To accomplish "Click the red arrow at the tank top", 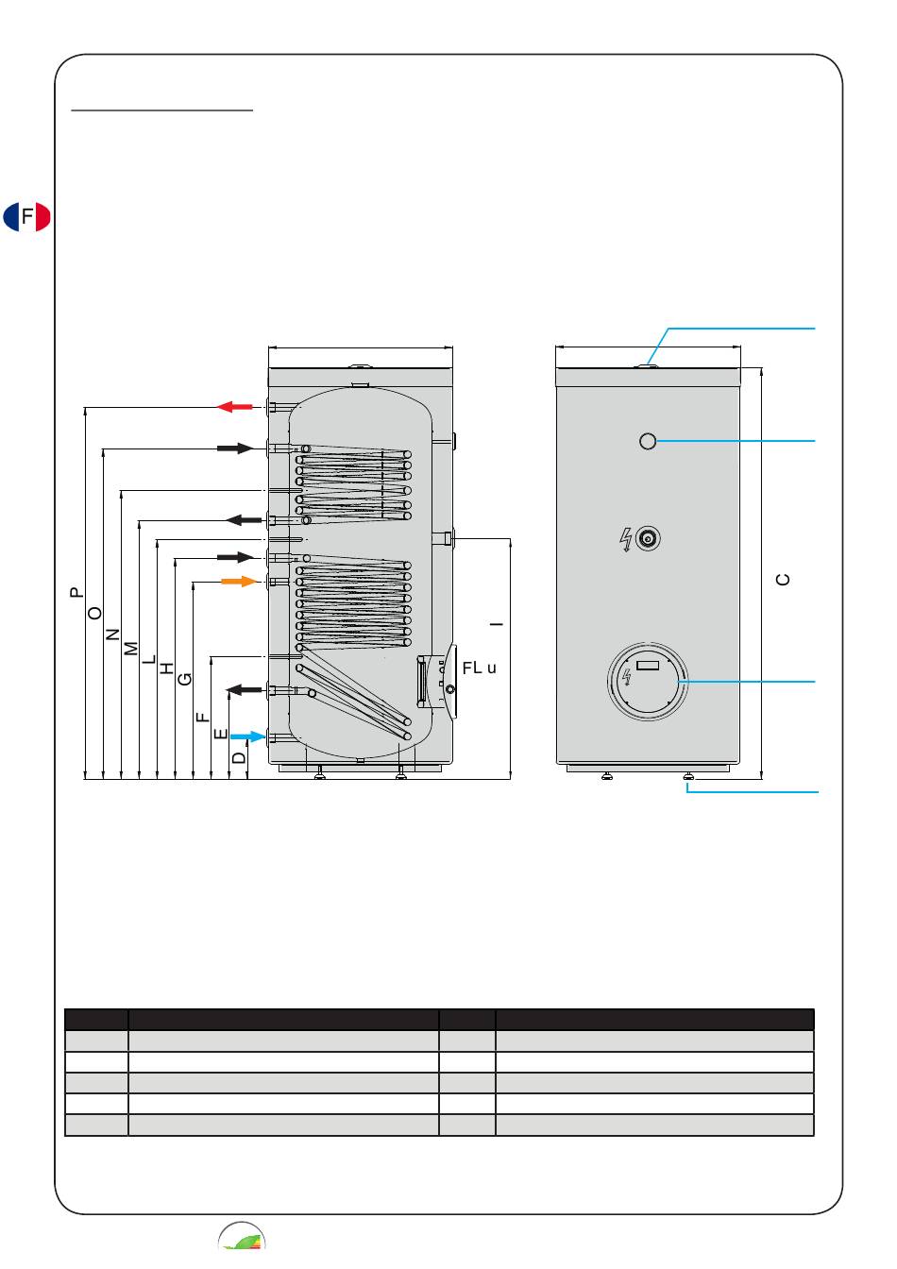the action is [234, 406].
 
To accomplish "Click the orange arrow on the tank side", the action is [239, 582].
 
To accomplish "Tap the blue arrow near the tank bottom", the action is [247, 736].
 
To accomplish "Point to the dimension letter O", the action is [94, 613].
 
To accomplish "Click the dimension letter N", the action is [112, 634].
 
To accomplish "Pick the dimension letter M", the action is [130, 649].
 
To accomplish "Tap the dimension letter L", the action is [148, 659].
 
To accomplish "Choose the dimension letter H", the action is [166, 668].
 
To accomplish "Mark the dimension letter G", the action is [185, 679].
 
